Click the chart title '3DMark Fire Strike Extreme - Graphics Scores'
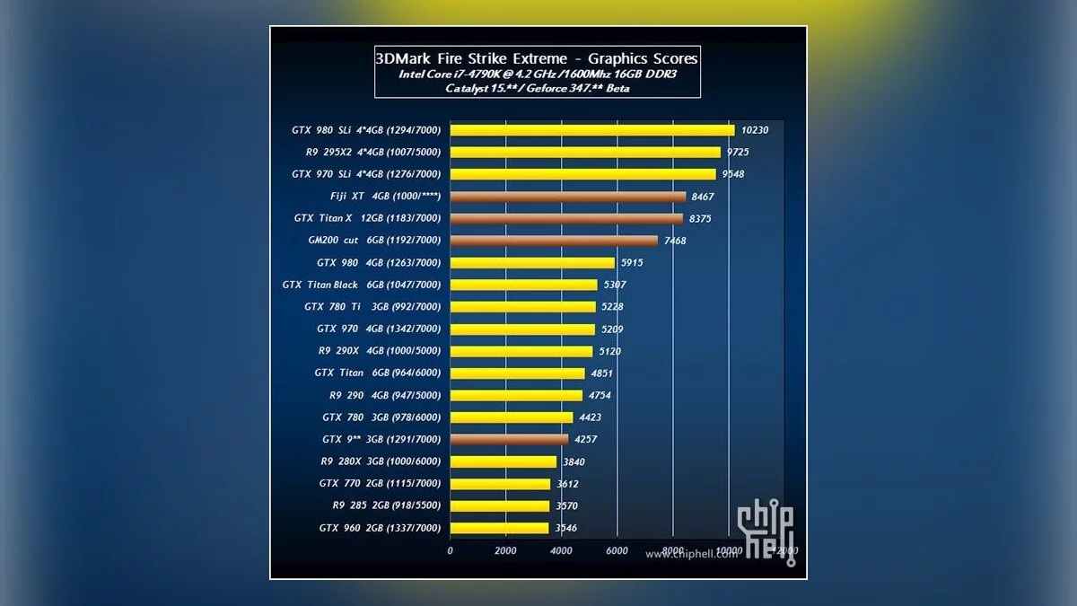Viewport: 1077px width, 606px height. point(537,58)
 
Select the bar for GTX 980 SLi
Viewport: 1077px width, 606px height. point(591,130)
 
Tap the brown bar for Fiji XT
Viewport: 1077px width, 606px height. point(567,197)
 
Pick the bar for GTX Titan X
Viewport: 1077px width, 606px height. point(565,218)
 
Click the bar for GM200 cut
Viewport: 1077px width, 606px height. point(553,241)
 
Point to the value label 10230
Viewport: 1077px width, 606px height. point(755,130)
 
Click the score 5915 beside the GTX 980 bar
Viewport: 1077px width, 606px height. point(632,263)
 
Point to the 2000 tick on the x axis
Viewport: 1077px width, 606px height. point(505,550)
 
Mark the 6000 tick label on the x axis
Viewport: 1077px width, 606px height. point(617,550)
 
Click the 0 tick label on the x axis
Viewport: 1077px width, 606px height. point(450,550)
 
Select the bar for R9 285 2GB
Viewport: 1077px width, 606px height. point(499,505)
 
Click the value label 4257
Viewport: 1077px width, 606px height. point(585,440)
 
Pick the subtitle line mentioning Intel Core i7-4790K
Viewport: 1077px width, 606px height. point(537,75)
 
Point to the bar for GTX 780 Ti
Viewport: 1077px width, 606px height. point(522,307)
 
